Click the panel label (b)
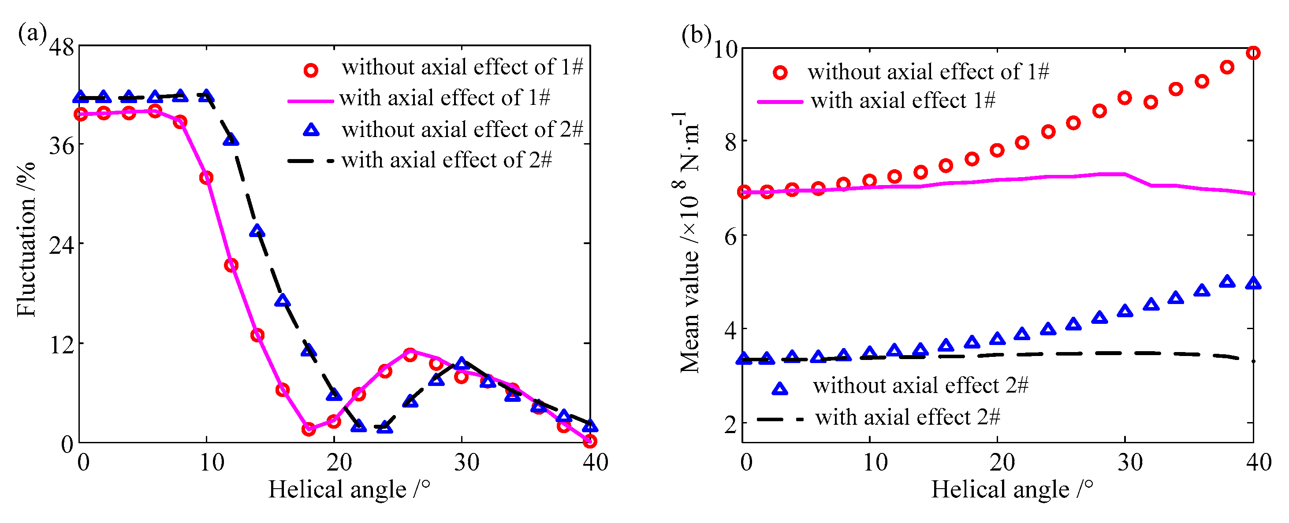pyautogui.click(x=696, y=35)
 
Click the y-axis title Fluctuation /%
pyautogui.click(x=26, y=239)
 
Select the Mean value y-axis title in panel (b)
pyautogui.click(x=688, y=242)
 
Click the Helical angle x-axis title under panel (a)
pyautogui.click(x=349, y=489)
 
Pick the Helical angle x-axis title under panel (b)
pyautogui.click(x=1011, y=489)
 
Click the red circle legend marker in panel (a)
pyautogui.click(x=310, y=70)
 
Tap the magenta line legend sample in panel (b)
pyautogui.click(x=779, y=101)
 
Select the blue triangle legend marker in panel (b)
pyautogui.click(x=779, y=389)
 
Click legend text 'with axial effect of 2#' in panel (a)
pyautogui.click(x=447, y=160)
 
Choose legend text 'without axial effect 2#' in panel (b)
pyautogui.click(x=920, y=386)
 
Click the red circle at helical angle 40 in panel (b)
pyautogui.click(x=1252, y=53)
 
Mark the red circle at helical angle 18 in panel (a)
pyautogui.click(x=309, y=429)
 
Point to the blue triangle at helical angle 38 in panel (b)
pyautogui.click(x=1227, y=282)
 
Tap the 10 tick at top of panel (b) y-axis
pyautogui.click(x=725, y=49)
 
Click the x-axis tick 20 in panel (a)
pyautogui.click(x=340, y=463)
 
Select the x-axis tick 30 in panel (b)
pyautogui.click(x=1130, y=463)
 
